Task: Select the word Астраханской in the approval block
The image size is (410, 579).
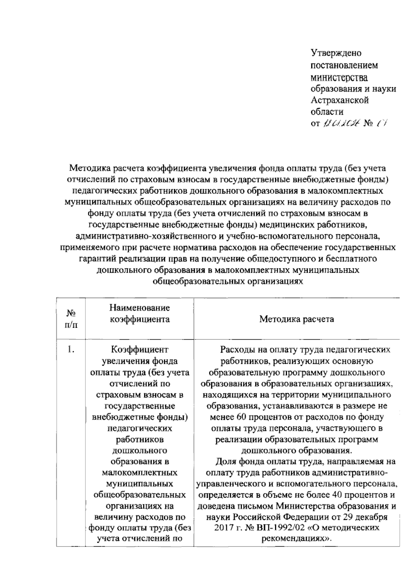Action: [340, 100]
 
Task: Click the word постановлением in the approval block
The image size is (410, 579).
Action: [344, 65]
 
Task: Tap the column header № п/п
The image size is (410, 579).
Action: [71, 319]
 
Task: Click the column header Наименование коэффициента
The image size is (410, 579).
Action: [139, 313]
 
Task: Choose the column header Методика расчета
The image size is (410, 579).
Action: [297, 319]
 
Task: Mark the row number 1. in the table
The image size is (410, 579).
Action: [71, 349]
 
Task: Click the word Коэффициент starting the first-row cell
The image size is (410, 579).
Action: [140, 350]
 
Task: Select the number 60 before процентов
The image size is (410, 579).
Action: [241, 417]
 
